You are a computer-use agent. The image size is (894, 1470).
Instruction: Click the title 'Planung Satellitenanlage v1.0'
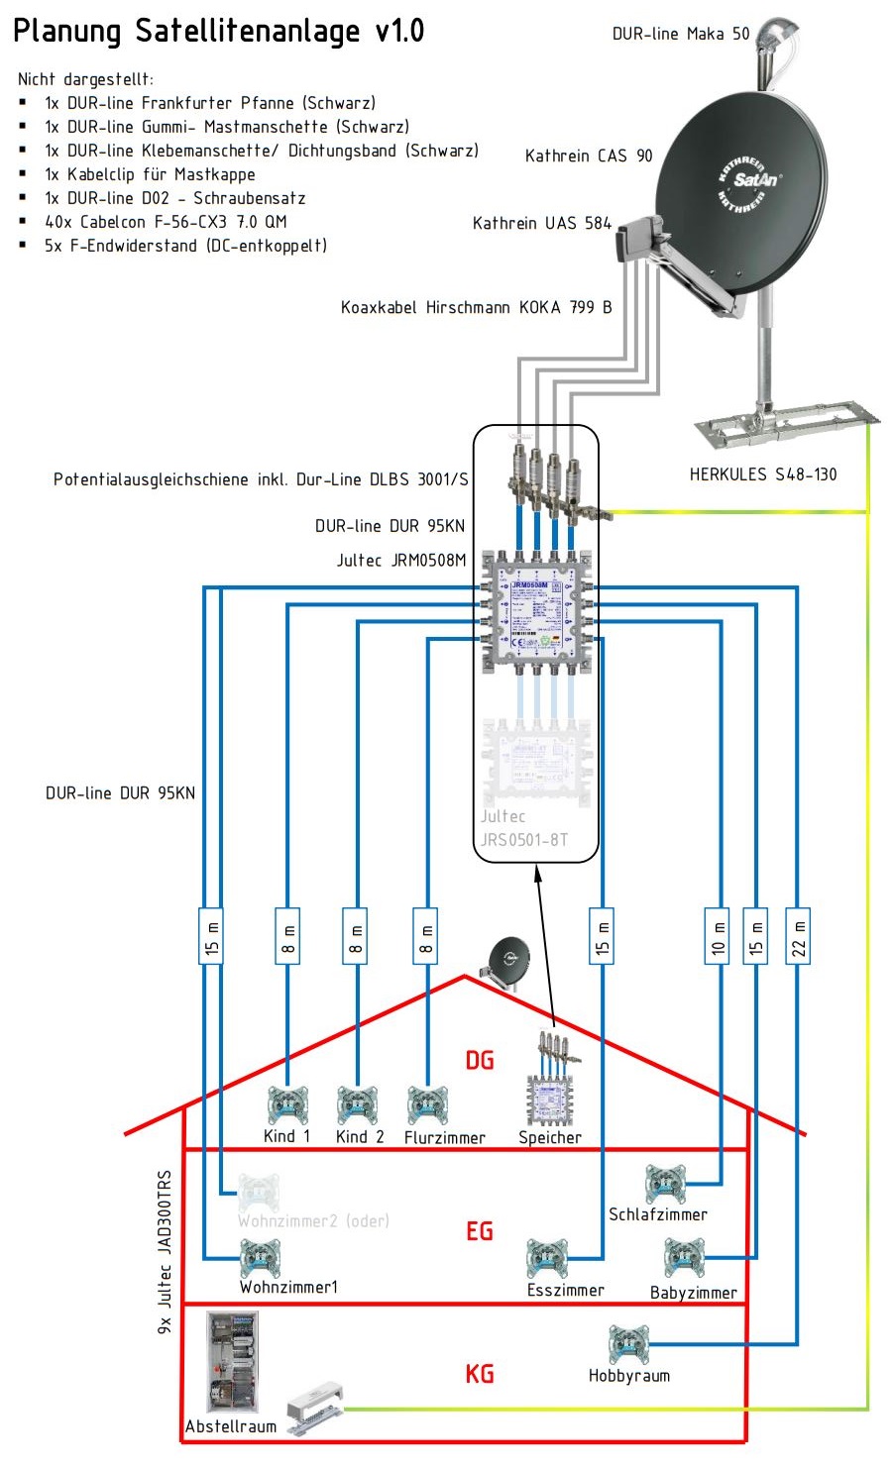coord(218,31)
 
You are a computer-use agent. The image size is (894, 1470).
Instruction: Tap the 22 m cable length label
coord(798,935)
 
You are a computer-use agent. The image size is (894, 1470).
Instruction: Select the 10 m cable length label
coord(717,935)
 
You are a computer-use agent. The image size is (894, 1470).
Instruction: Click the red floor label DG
coord(480,1060)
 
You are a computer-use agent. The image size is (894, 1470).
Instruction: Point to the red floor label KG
coord(480,1374)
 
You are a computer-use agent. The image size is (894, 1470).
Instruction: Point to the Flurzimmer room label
coord(444,1138)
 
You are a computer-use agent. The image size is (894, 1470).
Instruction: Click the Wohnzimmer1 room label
coord(288,1287)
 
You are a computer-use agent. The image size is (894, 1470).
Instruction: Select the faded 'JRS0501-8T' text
coord(524,840)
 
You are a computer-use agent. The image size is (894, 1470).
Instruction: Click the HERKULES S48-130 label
coord(763,474)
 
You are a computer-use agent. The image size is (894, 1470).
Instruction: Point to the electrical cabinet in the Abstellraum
coord(233,1361)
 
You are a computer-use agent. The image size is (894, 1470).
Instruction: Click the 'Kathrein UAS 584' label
coord(541,224)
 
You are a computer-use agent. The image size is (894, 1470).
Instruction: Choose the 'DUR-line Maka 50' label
coord(681,35)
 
